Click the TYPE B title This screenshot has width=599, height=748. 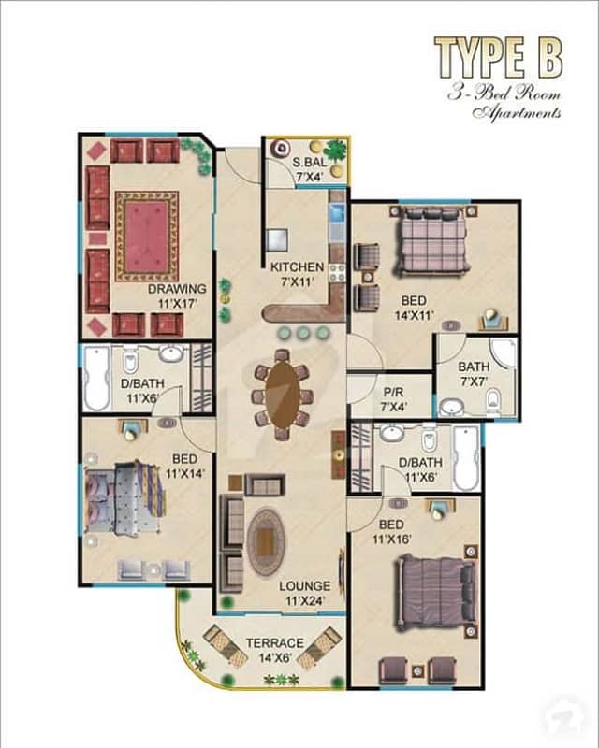(498, 58)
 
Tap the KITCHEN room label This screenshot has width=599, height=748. (297, 267)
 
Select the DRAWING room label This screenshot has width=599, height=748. (177, 289)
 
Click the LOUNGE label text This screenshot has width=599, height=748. (305, 586)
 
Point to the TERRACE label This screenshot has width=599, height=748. (275, 643)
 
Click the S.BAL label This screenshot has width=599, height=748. (310, 162)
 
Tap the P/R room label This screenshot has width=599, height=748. (393, 393)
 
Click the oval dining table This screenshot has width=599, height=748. (283, 393)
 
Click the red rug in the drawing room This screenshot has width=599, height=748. (147, 237)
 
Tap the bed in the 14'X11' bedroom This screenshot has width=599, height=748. (431, 241)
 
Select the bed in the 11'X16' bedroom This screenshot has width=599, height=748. (435, 592)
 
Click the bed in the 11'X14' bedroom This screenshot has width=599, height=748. (125, 497)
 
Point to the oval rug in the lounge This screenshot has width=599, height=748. (266, 541)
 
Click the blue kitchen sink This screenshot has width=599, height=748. (337, 213)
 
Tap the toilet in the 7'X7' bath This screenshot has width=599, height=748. (492, 399)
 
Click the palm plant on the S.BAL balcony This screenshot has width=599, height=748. (338, 149)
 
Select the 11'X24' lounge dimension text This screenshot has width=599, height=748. (305, 600)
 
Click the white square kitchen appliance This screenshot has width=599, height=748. (277, 239)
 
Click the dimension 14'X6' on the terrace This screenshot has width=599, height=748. (275, 658)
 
